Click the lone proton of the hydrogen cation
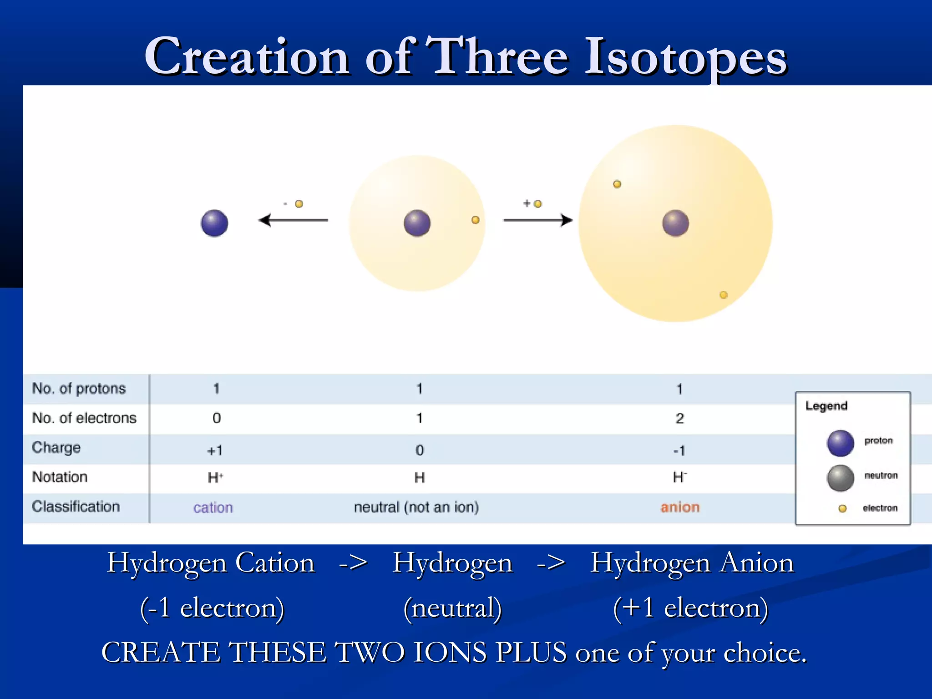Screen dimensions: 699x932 (x=214, y=223)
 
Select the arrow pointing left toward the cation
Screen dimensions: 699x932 (x=293, y=220)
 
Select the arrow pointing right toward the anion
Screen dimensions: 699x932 (x=537, y=220)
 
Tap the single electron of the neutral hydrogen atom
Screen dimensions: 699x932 (x=475, y=220)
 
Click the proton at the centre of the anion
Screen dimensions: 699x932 (x=675, y=223)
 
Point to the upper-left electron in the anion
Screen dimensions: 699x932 (x=617, y=184)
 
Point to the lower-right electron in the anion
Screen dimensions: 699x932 (x=723, y=295)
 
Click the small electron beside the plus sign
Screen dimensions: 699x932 (x=538, y=204)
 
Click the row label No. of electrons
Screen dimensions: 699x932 (x=84, y=418)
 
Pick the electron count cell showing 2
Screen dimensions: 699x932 (x=679, y=418)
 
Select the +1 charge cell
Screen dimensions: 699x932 (x=215, y=451)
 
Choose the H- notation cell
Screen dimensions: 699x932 (x=679, y=477)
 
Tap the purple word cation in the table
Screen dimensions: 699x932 (x=213, y=507)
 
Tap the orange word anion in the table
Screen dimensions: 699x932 (x=680, y=507)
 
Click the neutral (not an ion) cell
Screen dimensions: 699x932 (x=416, y=507)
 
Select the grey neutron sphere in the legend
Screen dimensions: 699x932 (x=840, y=478)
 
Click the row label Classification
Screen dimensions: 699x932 (x=76, y=507)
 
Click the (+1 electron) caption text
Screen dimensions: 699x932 (x=690, y=608)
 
